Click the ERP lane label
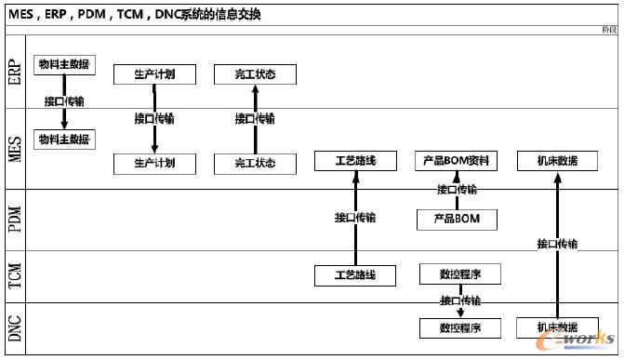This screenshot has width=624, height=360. coord(14,71)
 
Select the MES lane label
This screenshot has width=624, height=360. coord(14,148)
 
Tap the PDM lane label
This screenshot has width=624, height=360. coord(14,220)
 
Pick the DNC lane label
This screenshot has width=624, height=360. coord(14,327)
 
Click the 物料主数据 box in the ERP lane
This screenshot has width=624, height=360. coord(64,64)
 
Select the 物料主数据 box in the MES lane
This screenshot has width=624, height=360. coord(64,140)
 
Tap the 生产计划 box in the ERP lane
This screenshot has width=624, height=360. coord(154,73)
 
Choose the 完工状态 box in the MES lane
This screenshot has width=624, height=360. coord(256,164)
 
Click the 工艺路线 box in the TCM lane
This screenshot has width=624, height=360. coord(356,275)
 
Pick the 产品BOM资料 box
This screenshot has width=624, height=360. coord(457,161)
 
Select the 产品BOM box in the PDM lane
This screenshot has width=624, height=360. coord(457,220)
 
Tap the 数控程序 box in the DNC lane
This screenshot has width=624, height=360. coord(461,327)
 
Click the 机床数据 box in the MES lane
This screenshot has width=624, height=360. coord(557,161)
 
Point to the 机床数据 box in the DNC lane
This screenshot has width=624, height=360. coord(557,327)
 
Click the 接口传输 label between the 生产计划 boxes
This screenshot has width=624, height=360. coord(154,119)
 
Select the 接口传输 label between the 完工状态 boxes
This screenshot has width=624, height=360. coord(255,119)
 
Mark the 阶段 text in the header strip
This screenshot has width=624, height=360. coord(609,30)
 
